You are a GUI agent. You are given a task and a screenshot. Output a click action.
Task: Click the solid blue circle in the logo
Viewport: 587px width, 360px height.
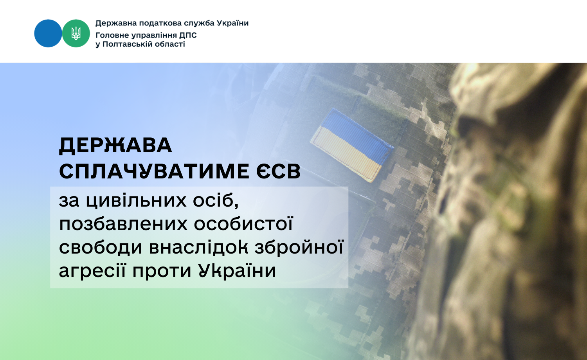(48, 33)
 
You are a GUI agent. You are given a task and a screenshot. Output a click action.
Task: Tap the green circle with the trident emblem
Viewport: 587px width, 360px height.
(76, 33)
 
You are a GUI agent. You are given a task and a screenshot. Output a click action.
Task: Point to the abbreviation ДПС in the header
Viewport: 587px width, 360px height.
(187, 35)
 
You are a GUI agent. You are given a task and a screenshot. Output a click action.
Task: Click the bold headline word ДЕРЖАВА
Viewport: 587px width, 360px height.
(115, 146)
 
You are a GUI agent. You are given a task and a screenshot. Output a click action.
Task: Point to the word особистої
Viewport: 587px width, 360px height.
(243, 223)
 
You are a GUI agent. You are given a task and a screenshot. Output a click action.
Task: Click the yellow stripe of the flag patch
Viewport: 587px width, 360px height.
(346, 154)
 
